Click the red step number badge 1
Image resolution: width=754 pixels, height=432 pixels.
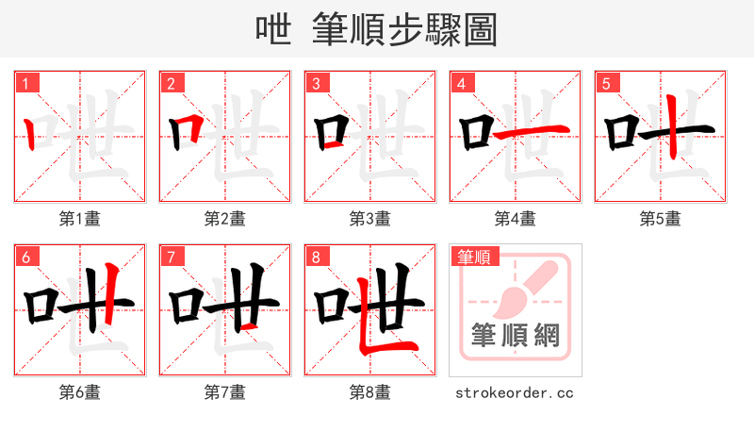tap(25, 82)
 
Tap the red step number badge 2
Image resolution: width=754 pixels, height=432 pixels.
tap(171, 82)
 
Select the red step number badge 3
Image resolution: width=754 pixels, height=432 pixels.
tap(316, 82)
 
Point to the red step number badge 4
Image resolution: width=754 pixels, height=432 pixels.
tap(461, 82)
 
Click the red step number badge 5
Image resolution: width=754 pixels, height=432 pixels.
tap(606, 82)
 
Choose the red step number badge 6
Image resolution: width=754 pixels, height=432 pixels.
tap(25, 256)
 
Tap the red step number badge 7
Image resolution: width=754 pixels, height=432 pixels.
tap(171, 256)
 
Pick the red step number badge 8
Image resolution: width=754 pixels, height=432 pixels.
tap(316, 256)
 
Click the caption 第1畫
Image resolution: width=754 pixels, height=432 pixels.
tap(80, 219)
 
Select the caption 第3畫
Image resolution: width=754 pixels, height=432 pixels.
tap(370, 219)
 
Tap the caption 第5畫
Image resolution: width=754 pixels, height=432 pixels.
tap(661, 219)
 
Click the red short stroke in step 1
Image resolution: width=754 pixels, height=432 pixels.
tap(31, 136)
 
